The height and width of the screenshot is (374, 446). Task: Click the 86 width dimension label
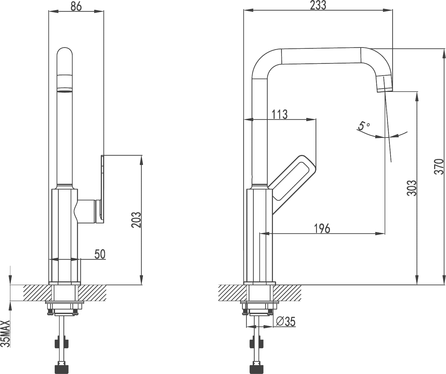(76, 6)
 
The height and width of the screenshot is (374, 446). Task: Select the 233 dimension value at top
(318, 5)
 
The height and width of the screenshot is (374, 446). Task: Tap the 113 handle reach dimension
(280, 114)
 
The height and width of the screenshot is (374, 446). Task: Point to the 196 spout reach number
(322, 229)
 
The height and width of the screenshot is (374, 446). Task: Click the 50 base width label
(100, 254)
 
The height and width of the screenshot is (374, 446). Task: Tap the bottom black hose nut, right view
(256, 369)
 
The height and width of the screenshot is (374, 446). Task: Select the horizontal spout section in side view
(321, 56)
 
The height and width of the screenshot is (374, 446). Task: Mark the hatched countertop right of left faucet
(92, 293)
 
